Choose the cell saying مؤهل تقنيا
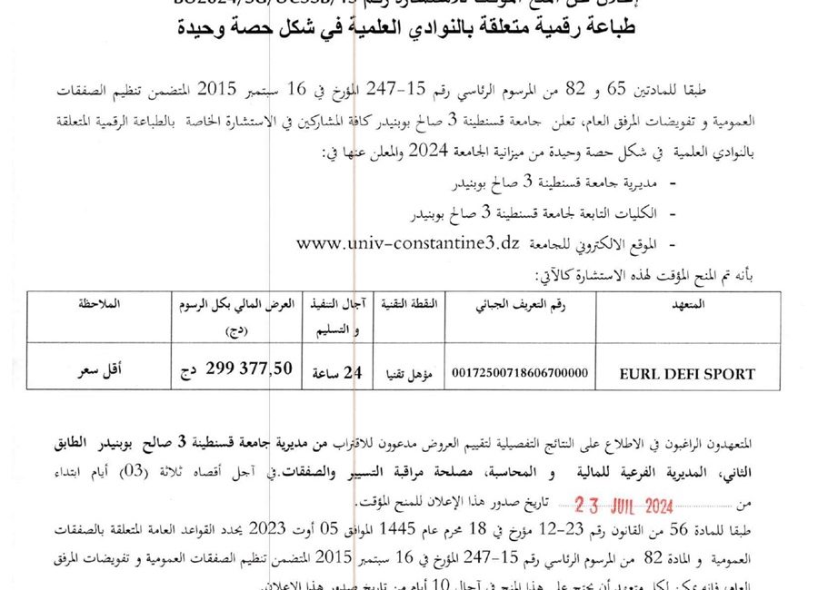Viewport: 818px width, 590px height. pyautogui.click(x=404, y=371)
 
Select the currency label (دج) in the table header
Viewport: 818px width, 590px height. pyautogui.click(x=234, y=331)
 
